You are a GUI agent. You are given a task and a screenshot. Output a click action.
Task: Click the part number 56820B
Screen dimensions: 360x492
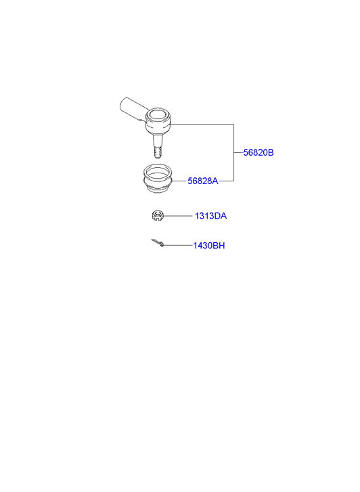pyautogui.click(x=258, y=152)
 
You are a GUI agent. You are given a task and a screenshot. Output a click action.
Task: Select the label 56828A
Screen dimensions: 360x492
pyautogui.click(x=203, y=181)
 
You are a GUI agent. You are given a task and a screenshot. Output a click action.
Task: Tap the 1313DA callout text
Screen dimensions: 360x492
pyautogui.click(x=210, y=216)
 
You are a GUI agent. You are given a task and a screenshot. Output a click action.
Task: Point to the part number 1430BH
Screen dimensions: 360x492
pyautogui.click(x=209, y=246)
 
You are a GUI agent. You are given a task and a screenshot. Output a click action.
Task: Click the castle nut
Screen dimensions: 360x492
pyautogui.click(x=157, y=216)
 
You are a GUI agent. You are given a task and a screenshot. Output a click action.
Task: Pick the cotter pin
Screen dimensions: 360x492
pyautogui.click(x=158, y=242)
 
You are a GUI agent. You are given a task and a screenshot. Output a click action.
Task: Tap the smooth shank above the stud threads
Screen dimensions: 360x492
pyautogui.click(x=158, y=139)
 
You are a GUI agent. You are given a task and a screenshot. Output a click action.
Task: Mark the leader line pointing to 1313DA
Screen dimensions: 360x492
pyautogui.click(x=178, y=216)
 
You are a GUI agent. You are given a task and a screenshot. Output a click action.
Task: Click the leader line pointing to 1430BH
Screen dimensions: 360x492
pyautogui.click(x=177, y=245)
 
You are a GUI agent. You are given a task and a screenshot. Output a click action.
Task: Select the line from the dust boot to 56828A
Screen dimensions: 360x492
pyautogui.click(x=179, y=181)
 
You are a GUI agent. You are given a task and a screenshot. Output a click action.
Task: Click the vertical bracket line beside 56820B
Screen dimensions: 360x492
pyautogui.click(x=234, y=152)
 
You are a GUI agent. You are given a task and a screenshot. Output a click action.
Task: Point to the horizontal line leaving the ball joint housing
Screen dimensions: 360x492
pyautogui.click(x=202, y=125)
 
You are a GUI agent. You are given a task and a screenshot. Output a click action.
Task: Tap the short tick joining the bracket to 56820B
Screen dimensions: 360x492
pyautogui.click(x=239, y=152)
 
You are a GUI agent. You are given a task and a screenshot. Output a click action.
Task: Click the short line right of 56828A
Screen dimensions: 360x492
pyautogui.click(x=226, y=181)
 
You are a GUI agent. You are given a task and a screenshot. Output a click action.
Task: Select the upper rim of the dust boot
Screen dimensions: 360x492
pyautogui.click(x=158, y=171)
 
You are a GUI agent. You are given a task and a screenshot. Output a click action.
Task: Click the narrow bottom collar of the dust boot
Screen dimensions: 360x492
pyautogui.click(x=158, y=189)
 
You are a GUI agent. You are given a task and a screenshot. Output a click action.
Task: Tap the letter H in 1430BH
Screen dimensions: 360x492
pyautogui.click(x=222, y=246)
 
